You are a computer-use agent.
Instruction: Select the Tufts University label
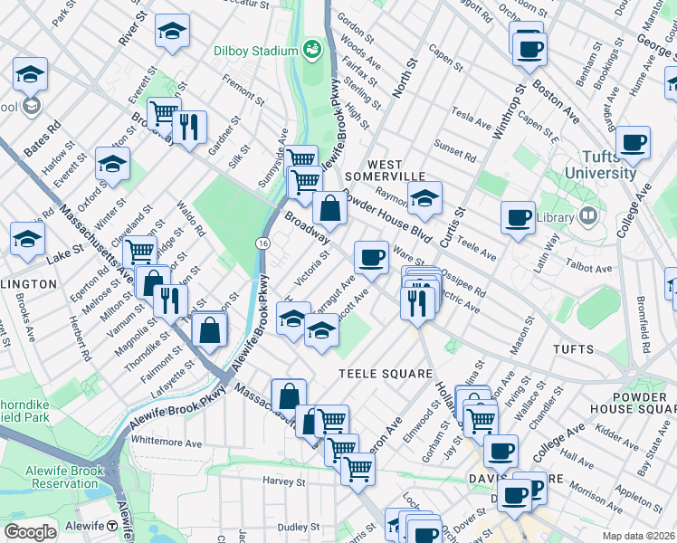(x=600, y=165)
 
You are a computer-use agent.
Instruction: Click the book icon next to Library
(x=588, y=216)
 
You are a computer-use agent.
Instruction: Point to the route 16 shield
(x=262, y=244)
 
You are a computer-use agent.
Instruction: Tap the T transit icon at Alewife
(x=111, y=526)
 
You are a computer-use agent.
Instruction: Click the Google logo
(x=30, y=531)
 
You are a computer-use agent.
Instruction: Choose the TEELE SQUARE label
(x=377, y=373)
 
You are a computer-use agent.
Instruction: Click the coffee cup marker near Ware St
(x=370, y=258)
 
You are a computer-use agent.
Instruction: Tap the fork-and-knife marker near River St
(x=189, y=128)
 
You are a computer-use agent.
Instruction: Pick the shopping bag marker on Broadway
(x=332, y=209)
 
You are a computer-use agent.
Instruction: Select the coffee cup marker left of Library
(x=519, y=217)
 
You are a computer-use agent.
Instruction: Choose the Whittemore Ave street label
(x=167, y=443)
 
